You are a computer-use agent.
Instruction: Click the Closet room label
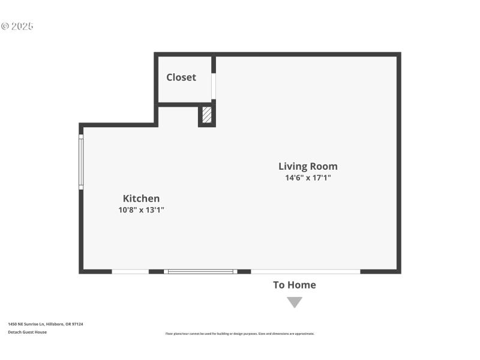pos(181,77)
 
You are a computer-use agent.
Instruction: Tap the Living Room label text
pos(308,166)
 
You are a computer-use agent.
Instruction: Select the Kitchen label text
pos(141,199)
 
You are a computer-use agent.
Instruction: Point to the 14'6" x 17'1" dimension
pos(308,178)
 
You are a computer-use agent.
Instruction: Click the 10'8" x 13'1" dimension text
pos(141,210)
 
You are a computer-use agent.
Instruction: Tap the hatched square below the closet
pos(207,115)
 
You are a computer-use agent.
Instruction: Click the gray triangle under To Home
pos(295,302)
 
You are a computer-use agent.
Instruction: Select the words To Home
pos(295,285)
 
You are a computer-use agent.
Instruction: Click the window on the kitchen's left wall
pos(81,162)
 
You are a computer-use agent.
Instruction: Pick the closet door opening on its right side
pos(214,86)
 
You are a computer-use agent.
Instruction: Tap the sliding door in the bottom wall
pos(200,272)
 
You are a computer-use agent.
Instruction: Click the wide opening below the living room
pos(305,272)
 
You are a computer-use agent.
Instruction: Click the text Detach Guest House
pos(27,332)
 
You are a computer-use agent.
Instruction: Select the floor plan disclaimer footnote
pos(239,334)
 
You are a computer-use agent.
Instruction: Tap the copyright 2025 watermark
pos(17,26)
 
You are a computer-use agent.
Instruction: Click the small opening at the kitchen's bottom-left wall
pos(130,272)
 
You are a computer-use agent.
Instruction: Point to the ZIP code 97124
pos(77,324)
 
